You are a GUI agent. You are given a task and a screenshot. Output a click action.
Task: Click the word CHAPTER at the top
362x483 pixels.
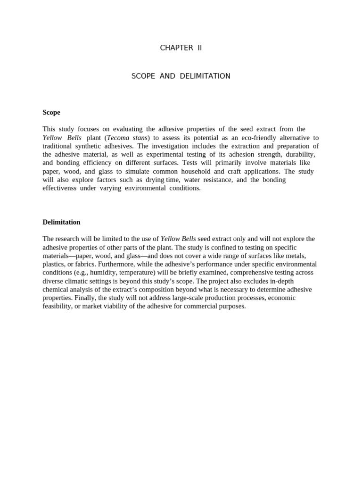coord(176,48)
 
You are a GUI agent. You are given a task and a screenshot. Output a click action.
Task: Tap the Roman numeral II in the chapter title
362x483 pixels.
coord(199,48)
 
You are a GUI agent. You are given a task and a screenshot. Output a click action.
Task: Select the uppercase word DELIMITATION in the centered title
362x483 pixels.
coord(205,76)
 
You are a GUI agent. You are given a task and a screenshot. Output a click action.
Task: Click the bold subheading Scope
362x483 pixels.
coord(51,112)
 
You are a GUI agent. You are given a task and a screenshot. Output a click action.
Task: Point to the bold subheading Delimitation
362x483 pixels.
coord(61,222)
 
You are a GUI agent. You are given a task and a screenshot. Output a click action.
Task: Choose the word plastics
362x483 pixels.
coord(53,264)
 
